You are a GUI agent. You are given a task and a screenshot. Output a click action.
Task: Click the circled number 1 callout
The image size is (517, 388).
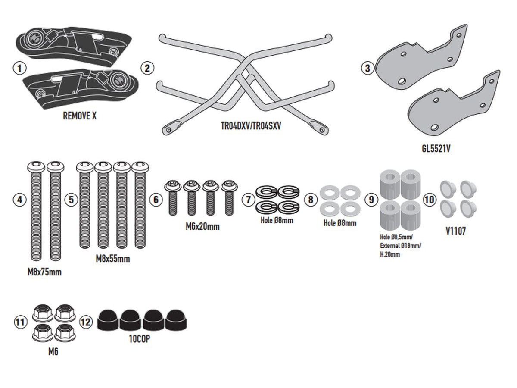click(20, 68)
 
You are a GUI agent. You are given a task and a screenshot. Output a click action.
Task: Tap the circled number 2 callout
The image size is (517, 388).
click(147, 68)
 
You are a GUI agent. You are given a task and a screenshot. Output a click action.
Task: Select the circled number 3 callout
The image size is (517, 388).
click(367, 68)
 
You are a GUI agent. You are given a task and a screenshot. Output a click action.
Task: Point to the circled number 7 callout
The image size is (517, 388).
click(248, 200)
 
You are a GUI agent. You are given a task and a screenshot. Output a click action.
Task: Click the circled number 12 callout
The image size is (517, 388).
click(86, 322)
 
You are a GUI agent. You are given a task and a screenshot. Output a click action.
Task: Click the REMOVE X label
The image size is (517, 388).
click(79, 116)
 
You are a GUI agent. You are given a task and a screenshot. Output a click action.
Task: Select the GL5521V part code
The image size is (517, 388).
click(436, 149)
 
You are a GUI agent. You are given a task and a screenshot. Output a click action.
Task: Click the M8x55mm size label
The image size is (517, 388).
click(112, 259)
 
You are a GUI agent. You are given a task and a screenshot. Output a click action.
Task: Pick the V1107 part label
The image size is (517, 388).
click(455, 231)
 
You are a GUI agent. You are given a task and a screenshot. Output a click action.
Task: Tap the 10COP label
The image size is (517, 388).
click(140, 339)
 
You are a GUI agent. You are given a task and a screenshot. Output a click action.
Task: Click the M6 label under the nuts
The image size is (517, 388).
click(53, 352)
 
